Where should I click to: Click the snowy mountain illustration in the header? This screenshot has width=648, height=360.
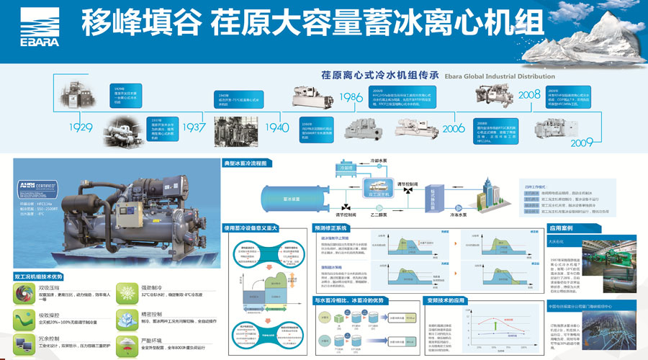[x=583, y=47]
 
